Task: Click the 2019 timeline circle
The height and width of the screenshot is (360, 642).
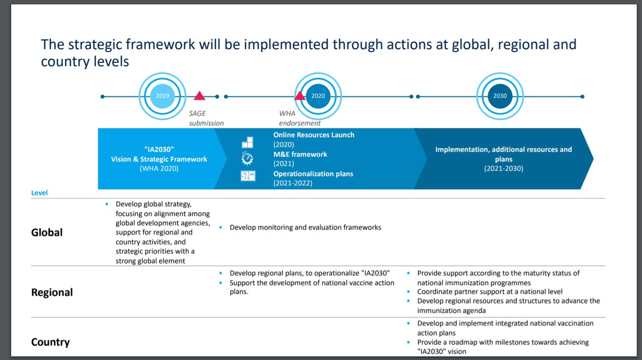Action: click(162, 96)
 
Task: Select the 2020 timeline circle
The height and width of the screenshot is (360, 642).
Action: click(318, 96)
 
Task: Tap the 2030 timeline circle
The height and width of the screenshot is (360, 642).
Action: click(500, 96)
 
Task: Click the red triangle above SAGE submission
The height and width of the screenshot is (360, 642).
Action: click(199, 96)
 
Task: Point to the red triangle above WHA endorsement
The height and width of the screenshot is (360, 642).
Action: click(300, 96)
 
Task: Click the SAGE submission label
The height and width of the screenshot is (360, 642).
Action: click(206, 118)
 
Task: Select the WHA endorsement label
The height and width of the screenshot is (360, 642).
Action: click(300, 118)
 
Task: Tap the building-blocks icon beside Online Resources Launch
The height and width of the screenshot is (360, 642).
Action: click(248, 142)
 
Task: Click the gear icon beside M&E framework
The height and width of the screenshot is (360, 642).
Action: click(247, 159)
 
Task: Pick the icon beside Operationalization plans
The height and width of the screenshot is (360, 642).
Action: click(248, 176)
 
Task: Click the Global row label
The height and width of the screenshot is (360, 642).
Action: click(47, 233)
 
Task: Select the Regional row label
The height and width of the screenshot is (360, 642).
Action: click(52, 292)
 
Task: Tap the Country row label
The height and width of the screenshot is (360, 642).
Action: click(51, 342)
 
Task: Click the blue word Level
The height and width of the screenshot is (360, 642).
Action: click(39, 193)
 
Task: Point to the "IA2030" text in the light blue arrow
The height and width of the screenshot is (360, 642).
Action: click(159, 149)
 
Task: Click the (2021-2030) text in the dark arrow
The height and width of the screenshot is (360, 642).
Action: click(503, 168)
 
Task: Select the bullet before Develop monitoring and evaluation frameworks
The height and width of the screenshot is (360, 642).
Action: click(221, 227)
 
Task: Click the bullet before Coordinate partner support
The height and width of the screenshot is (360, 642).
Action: click(409, 292)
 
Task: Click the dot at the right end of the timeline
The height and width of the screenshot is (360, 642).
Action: click(582, 97)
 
